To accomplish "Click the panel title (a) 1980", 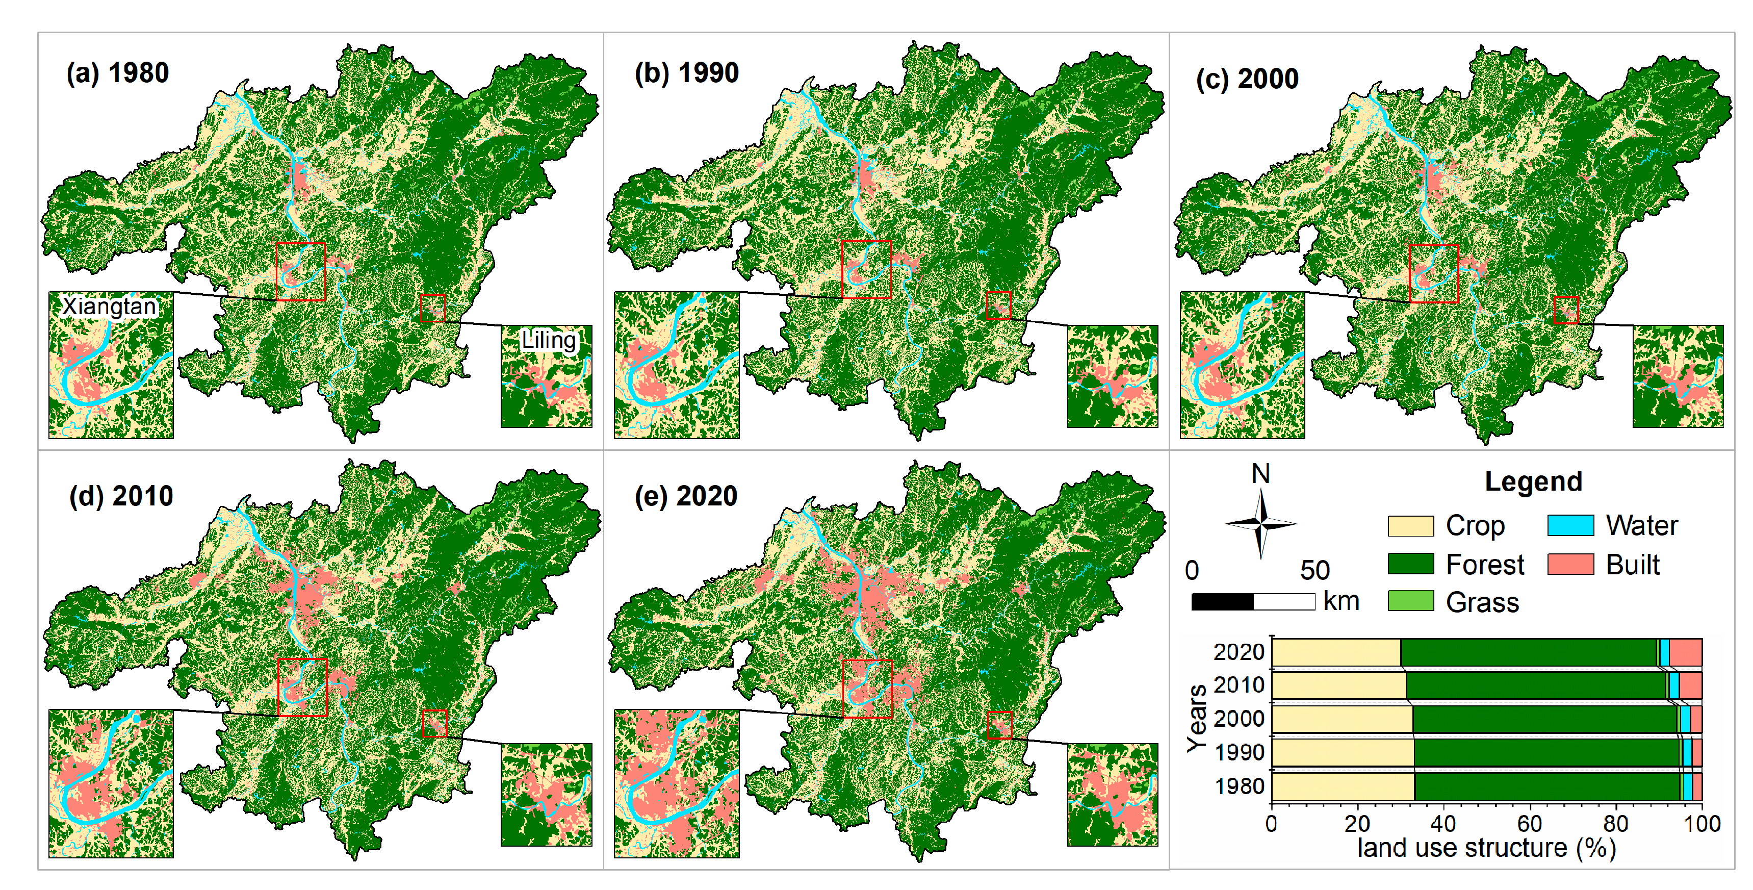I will click(x=117, y=73).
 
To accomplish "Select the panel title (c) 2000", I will click(x=1247, y=79).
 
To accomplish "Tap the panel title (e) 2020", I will click(x=685, y=496).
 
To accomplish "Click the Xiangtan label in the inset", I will click(x=109, y=307).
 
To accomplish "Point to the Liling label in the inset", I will click(x=549, y=340).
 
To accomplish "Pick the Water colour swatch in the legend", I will click(x=1570, y=526).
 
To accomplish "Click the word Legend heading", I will click(x=1533, y=481).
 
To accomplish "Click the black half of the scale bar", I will click(x=1222, y=602).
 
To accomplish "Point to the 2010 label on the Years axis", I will click(x=1239, y=685).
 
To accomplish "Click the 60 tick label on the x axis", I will click(x=1529, y=824).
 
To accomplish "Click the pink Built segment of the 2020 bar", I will click(x=1685, y=652).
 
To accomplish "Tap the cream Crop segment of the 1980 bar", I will click(x=1342, y=786).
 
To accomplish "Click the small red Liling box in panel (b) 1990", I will click(x=998, y=306).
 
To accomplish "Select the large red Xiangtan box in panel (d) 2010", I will click(x=302, y=687).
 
